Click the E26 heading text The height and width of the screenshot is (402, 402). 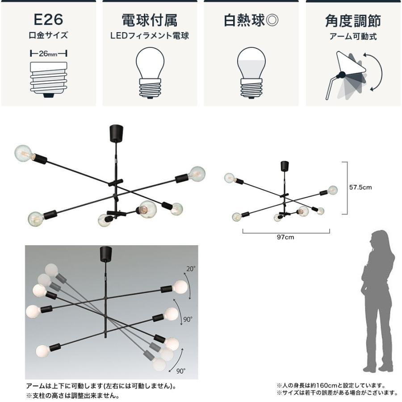[48, 20]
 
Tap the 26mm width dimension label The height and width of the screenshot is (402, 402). [48, 54]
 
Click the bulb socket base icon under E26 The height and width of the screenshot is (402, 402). [48, 79]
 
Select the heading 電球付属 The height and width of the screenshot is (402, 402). [150, 20]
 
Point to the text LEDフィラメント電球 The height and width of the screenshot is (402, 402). [150, 36]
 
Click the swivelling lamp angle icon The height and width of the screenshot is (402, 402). [353, 74]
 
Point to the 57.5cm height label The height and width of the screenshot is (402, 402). [360, 188]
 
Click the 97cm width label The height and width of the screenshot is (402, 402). [286, 237]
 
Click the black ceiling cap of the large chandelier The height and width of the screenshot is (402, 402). [116, 132]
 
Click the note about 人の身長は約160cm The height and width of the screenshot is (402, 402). [331, 385]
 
